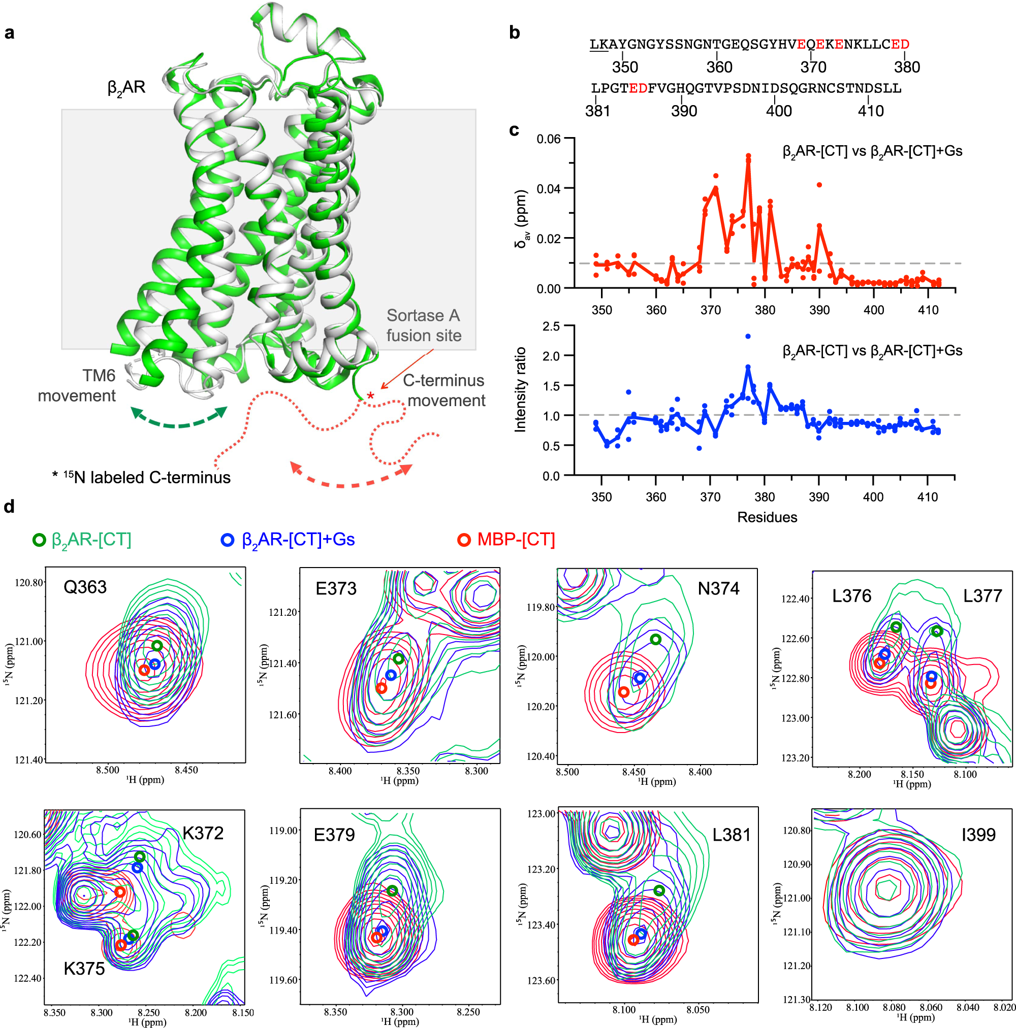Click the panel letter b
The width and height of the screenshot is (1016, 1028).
[514, 33]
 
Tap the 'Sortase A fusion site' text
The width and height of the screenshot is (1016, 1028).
[423, 325]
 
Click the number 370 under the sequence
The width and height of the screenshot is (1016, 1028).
[813, 67]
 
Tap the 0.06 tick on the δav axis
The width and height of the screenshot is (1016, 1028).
[548, 139]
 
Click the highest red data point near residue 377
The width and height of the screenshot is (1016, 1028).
[748, 156]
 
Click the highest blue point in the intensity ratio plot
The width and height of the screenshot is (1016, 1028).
[748, 336]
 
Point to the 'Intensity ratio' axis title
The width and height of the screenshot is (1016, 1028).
[520, 389]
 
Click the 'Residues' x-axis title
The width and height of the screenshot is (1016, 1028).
[767, 517]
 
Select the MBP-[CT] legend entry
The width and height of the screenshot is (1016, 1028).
[506, 540]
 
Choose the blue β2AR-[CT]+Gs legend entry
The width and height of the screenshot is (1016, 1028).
[288, 540]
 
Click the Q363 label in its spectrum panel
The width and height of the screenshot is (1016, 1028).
[85, 587]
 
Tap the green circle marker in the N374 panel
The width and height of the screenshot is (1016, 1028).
[655, 639]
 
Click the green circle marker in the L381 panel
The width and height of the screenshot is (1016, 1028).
[659, 891]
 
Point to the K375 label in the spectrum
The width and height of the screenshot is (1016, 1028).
[84, 969]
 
